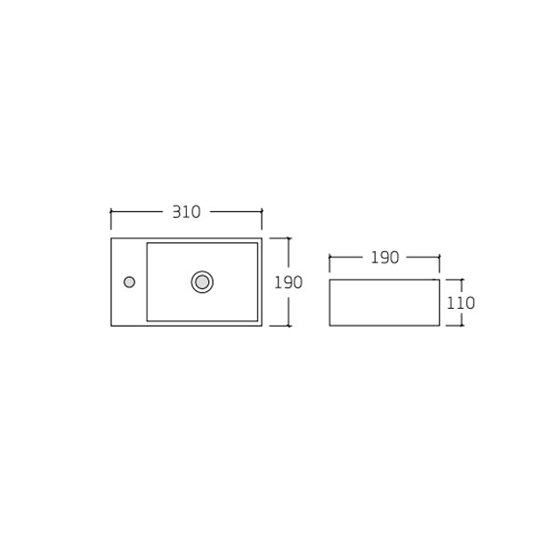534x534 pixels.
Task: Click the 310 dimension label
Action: pos(186,212)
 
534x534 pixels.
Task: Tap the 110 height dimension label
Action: pos(460,303)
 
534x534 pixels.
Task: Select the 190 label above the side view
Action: pos(384,258)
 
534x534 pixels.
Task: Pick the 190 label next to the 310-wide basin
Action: pos(287,282)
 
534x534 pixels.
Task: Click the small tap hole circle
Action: pos(129,282)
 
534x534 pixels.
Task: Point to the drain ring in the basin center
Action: pos(202,282)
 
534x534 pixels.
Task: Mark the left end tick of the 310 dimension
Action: pos(111,212)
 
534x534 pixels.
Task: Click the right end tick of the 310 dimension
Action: pos(262,212)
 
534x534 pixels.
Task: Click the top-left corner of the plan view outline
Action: pos(111,238)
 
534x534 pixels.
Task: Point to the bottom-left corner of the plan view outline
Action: pos(111,326)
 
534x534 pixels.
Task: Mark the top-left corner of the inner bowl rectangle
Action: pos(146,242)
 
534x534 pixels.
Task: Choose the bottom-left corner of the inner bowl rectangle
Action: pos(146,321)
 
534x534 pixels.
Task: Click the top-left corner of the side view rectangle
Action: pos(329,279)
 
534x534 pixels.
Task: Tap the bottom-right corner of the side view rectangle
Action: pos(440,326)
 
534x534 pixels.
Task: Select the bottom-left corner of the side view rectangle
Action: pos(329,326)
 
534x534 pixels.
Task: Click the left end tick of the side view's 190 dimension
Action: pos(329,258)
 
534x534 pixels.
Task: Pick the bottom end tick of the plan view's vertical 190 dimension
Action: pos(287,326)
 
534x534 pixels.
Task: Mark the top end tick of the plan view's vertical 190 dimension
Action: pos(287,238)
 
